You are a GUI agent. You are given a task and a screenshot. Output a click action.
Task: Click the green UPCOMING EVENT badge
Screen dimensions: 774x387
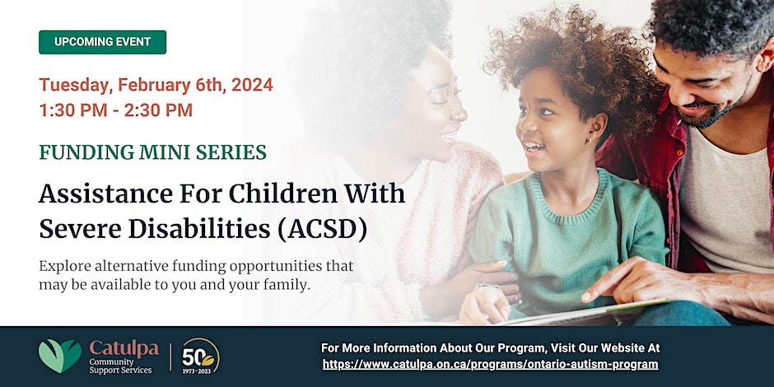tap(103, 42)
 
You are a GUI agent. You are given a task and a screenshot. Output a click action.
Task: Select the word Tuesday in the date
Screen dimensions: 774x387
tap(74, 85)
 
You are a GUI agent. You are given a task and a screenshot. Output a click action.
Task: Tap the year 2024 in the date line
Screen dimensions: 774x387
tap(252, 85)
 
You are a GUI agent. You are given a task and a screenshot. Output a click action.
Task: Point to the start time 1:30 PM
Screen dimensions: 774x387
tap(73, 110)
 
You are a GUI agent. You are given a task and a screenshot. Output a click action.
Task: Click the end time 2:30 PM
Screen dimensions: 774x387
tap(158, 110)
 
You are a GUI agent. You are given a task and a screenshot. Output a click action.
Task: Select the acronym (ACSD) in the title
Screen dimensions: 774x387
tap(322, 230)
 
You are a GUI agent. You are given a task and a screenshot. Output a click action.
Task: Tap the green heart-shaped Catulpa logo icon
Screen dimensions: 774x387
tap(60, 356)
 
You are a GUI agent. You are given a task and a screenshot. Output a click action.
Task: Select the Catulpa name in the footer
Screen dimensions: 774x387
tap(124, 349)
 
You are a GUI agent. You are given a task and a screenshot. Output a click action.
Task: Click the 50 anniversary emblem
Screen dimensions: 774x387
tap(200, 356)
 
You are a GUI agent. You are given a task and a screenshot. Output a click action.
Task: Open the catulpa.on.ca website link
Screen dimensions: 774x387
tap(490, 364)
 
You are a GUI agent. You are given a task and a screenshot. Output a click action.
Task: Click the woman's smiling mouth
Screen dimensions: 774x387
tap(450, 135)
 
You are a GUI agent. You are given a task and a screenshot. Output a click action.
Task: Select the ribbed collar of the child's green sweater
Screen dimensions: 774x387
tap(571, 198)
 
